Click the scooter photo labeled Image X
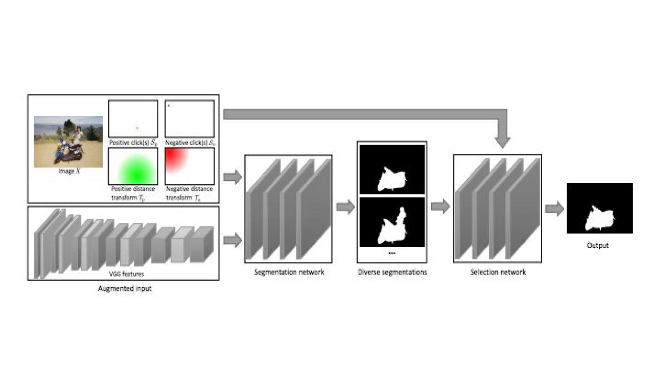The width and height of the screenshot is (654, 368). (68, 142)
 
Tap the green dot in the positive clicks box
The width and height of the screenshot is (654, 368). (137, 128)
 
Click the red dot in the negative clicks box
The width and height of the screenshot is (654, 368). (169, 106)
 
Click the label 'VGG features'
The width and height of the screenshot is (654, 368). (123, 274)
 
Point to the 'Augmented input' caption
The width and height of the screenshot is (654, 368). (125, 288)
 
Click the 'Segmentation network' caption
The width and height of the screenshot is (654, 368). (289, 272)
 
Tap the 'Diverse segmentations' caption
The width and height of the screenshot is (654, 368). (392, 272)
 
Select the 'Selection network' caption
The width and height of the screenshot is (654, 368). (498, 272)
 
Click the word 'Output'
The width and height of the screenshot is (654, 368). (597, 245)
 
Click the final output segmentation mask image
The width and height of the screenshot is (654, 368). (599, 208)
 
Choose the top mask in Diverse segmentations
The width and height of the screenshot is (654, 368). (392, 169)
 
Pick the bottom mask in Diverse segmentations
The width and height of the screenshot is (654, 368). (392, 222)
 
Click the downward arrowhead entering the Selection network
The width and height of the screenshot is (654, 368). (502, 141)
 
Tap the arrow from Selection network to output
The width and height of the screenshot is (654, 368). (554, 209)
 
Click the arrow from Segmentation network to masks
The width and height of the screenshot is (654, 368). (345, 208)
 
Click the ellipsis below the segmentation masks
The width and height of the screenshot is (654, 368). (392, 253)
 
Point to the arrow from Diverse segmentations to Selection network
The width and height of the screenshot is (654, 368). (440, 206)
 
